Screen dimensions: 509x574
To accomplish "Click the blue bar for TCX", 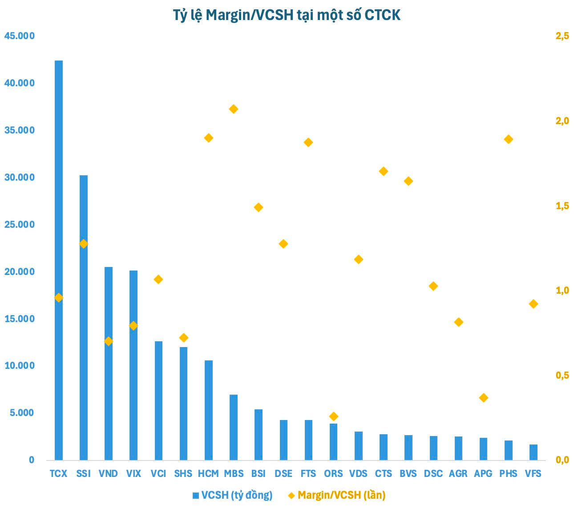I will click(x=59, y=260).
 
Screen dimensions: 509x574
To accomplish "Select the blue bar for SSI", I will click(x=84, y=318).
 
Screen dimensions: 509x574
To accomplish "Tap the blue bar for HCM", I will click(x=209, y=410).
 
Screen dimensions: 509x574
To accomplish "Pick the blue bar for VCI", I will click(x=158, y=400).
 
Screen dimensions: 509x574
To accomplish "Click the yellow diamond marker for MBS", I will click(x=234, y=109).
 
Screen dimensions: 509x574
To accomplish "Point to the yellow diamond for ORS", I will click(x=334, y=416).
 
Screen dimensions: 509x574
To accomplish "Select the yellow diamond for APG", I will click(x=484, y=398).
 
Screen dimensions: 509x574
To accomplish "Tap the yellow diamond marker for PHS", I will click(x=509, y=139).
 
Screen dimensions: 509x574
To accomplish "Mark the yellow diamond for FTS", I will click(x=308, y=142).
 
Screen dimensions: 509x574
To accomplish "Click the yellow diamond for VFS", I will click(x=534, y=304).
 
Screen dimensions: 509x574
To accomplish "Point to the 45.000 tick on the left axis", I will click(x=19, y=36).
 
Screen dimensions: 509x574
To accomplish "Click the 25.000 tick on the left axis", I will click(x=19, y=224).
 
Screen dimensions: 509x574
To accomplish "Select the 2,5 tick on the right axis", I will click(x=562, y=36).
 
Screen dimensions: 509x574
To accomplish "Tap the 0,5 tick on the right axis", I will click(x=562, y=376).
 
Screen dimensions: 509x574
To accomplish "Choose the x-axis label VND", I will click(x=109, y=473).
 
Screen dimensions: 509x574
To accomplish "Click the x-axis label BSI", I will click(x=259, y=473).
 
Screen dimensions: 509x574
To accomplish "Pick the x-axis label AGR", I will click(x=458, y=473).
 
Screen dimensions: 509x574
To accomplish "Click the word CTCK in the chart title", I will click(x=382, y=15).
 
